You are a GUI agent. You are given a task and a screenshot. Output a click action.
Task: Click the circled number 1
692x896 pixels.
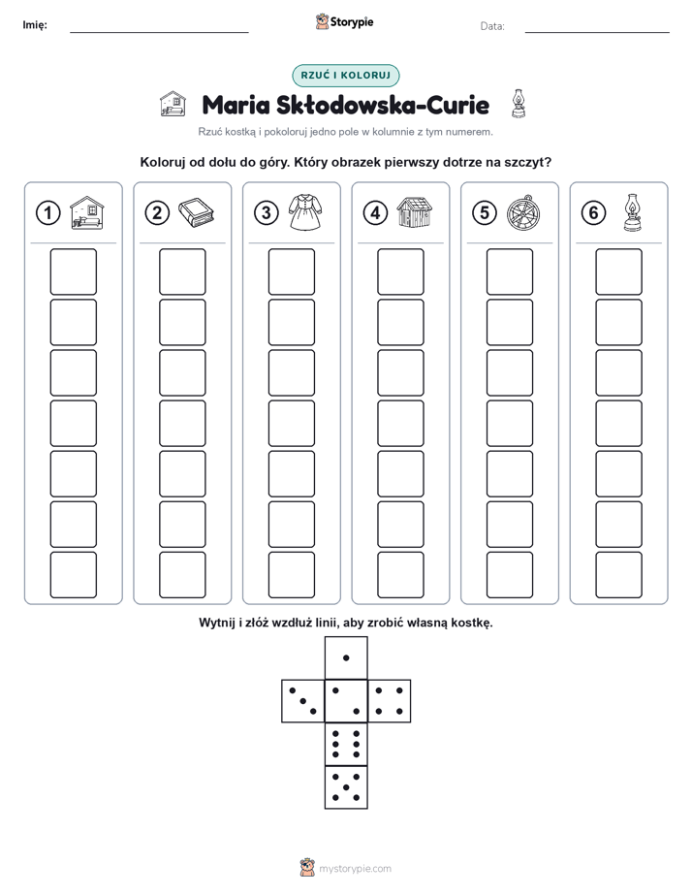point(47,213)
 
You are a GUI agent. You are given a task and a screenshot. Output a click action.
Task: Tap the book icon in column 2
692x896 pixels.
point(196,213)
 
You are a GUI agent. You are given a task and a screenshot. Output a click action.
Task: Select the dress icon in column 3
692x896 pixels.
point(305,212)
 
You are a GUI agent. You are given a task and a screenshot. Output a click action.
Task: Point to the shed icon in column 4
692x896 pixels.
point(415,212)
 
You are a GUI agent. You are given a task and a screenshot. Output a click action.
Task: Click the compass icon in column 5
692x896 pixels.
point(523,213)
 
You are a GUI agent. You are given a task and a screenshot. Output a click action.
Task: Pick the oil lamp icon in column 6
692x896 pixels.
point(632,212)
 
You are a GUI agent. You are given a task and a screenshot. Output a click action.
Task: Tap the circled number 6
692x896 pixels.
point(594,213)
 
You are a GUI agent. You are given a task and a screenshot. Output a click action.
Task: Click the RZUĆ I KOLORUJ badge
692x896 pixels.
point(346,75)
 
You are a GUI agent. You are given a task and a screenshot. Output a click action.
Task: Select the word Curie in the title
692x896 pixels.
point(457,105)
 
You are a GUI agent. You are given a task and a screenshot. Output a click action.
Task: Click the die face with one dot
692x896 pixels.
point(346,657)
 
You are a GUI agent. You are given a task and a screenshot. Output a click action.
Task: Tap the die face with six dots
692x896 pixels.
point(346,744)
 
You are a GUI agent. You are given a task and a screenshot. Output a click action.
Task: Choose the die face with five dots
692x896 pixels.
point(346,786)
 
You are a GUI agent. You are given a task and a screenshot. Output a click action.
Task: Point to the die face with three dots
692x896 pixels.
point(303,700)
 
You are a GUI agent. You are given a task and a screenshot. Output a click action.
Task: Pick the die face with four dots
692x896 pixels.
point(390,700)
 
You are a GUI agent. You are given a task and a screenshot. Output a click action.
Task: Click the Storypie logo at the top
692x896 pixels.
point(344,22)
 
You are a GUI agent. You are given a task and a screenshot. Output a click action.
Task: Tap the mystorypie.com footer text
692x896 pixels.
point(355,869)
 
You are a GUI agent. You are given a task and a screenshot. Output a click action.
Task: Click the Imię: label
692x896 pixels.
point(35,25)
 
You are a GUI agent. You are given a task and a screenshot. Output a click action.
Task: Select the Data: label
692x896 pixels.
point(492,26)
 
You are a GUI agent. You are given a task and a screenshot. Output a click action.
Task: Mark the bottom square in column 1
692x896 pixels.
point(73,575)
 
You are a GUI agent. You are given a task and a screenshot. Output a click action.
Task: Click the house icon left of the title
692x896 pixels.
point(173,104)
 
